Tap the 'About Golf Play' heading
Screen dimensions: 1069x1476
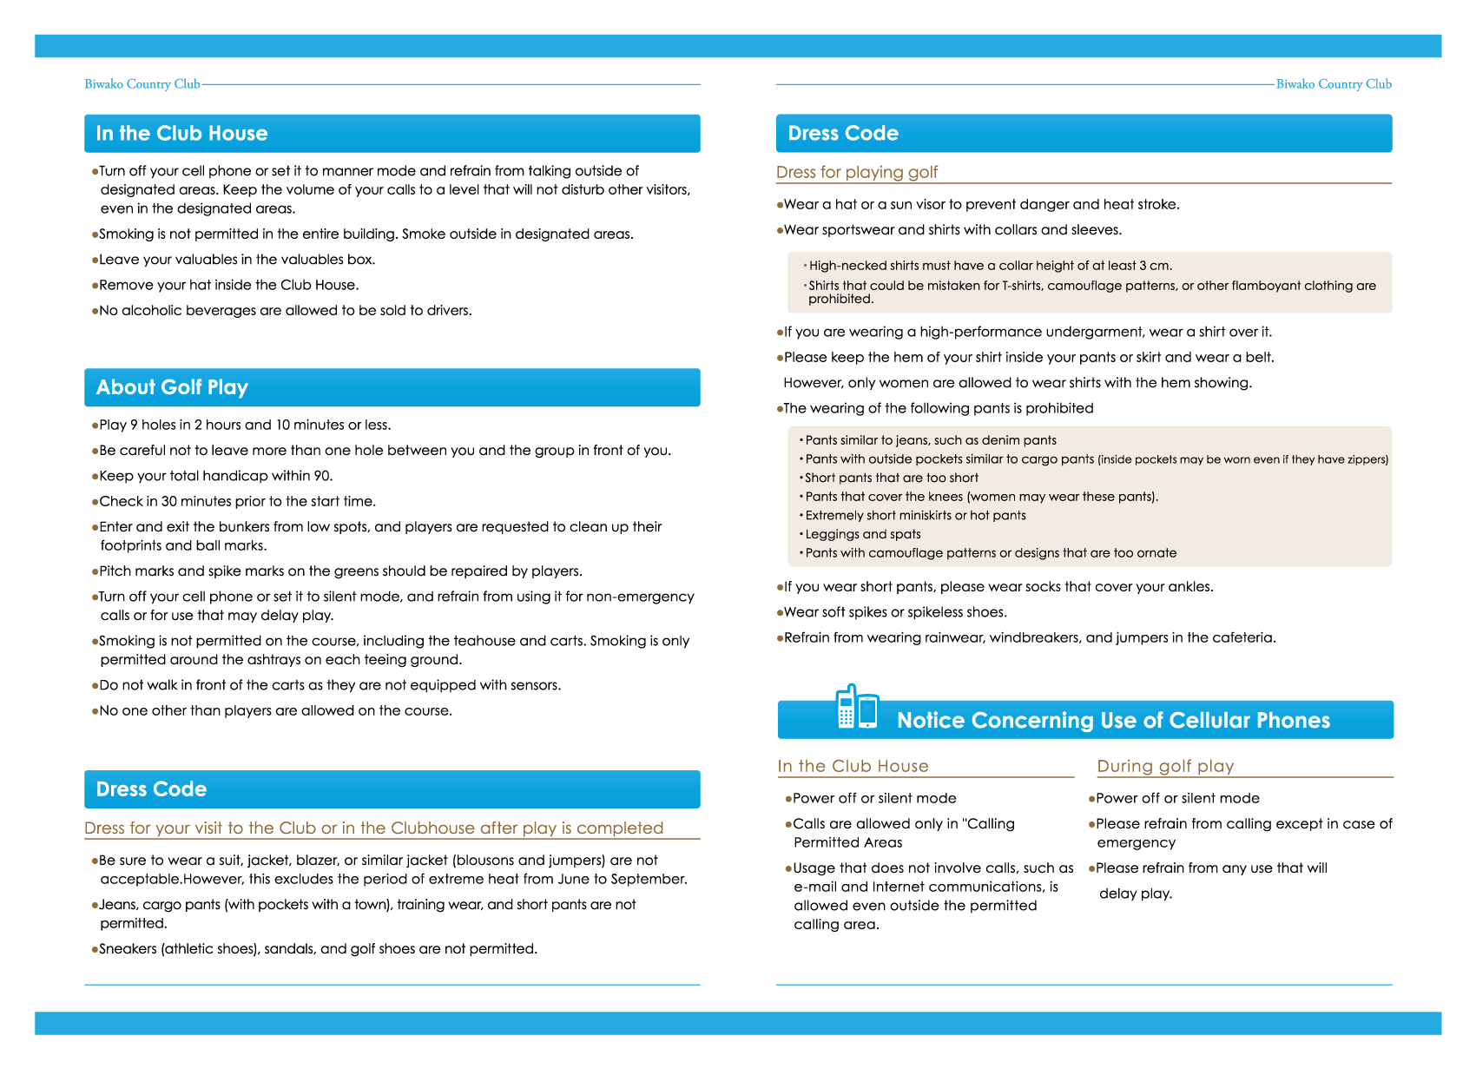click(x=172, y=387)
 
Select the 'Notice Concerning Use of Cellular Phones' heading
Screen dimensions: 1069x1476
click(x=1113, y=721)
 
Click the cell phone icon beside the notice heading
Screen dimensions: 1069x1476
click(x=857, y=707)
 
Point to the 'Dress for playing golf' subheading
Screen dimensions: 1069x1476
click(x=856, y=172)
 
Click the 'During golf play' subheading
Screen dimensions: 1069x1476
click(x=1165, y=766)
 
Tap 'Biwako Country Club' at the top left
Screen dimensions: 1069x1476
click(x=142, y=84)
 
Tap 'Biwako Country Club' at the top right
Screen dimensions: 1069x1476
click(x=1334, y=84)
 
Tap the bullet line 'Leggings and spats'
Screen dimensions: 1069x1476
click(x=863, y=534)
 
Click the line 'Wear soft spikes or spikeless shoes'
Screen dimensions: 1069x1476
click(x=895, y=612)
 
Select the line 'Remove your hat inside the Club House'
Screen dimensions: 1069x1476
click(x=228, y=285)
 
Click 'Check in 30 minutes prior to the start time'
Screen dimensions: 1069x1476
click(x=237, y=501)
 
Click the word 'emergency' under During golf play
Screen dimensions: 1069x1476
click(x=1136, y=842)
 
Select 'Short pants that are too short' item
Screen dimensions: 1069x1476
click(x=892, y=478)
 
